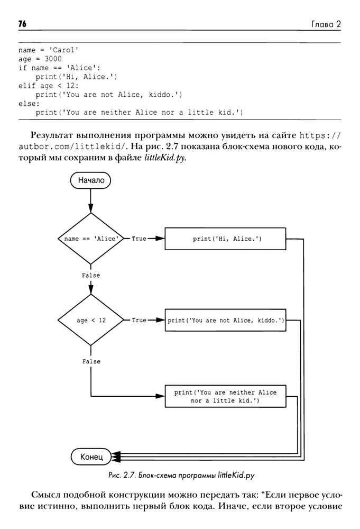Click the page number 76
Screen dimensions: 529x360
22,24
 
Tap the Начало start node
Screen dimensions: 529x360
91,180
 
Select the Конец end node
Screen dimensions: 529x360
91,455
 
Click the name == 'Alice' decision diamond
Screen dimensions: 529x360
91,239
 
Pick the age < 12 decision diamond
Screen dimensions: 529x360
91,320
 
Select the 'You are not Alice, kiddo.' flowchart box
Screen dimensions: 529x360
226,320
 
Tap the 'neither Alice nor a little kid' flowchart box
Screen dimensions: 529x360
226,396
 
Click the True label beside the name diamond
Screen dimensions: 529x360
139,239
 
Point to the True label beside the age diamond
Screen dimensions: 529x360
139,320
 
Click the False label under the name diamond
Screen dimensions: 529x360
91,275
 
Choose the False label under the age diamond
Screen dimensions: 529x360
91,361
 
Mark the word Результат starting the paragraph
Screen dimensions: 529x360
57,134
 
